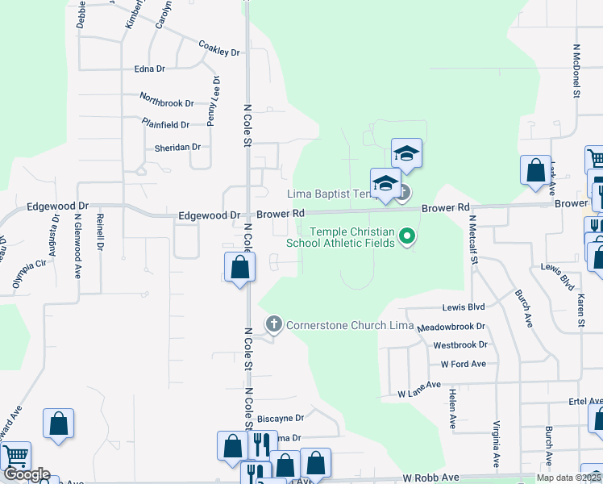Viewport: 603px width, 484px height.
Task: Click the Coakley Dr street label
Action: click(219, 49)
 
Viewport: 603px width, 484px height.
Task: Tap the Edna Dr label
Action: click(150, 69)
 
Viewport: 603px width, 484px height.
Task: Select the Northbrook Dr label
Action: click(167, 103)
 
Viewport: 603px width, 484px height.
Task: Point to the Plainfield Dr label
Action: click(165, 125)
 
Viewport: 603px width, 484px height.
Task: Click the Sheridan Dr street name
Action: click(177, 148)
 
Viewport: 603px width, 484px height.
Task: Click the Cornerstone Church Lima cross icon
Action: click(274, 324)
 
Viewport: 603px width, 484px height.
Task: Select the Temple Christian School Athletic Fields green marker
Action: click(408, 236)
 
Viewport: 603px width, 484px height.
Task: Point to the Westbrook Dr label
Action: click(460, 345)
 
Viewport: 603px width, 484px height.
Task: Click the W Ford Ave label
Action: click(464, 364)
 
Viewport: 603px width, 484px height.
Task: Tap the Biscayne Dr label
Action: click(280, 419)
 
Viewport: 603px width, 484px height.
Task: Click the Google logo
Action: click(27, 474)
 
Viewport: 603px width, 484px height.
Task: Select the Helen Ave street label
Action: click(452, 408)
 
